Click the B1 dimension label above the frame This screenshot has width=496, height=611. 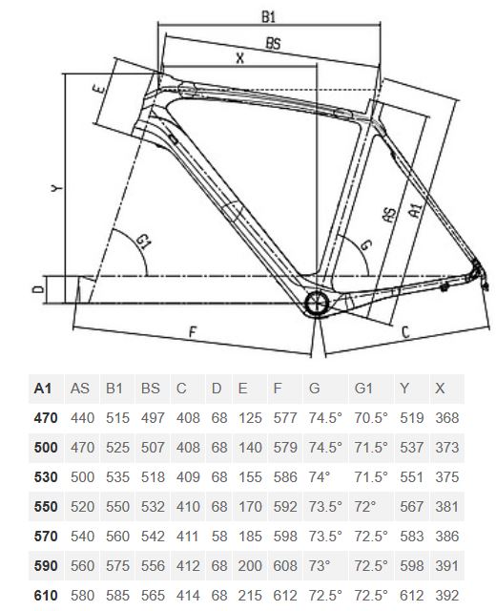pyautogui.click(x=268, y=17)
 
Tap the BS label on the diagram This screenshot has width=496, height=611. pyautogui.click(x=274, y=43)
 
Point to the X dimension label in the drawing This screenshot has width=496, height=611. pyautogui.click(x=240, y=58)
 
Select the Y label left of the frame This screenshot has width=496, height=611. pyautogui.click(x=57, y=189)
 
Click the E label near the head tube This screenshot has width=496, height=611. pyautogui.click(x=100, y=89)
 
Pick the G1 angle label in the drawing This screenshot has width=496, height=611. pyautogui.click(x=143, y=242)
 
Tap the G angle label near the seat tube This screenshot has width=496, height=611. pyautogui.click(x=366, y=244)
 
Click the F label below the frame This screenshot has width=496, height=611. pyautogui.click(x=193, y=332)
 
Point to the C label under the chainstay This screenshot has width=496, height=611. pyautogui.click(x=405, y=332)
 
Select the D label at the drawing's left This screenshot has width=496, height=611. pyautogui.click(x=38, y=289)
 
